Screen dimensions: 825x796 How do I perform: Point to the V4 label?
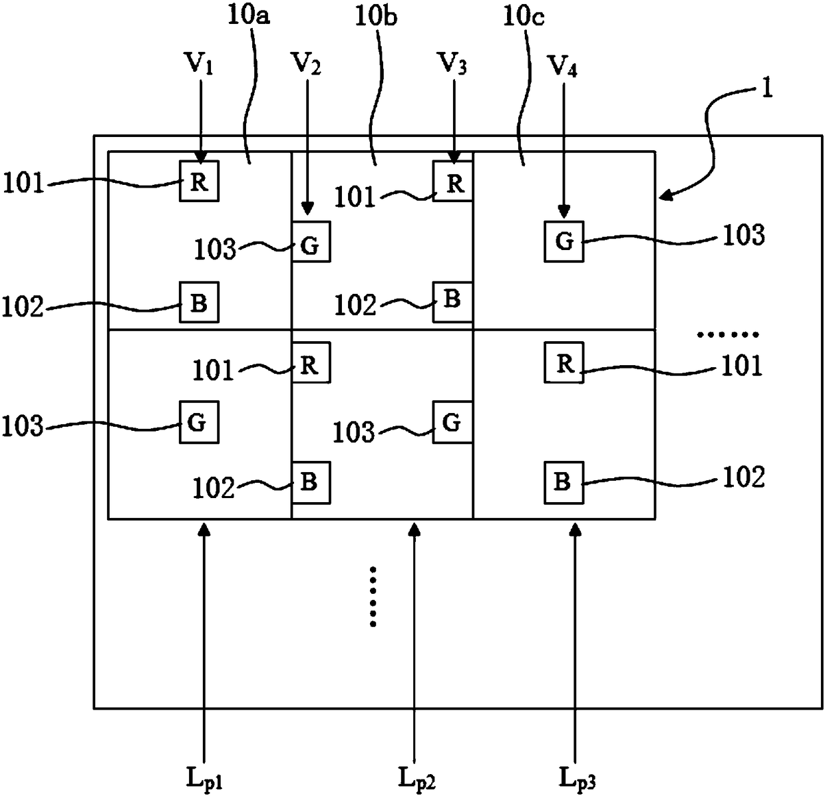pyautogui.click(x=563, y=66)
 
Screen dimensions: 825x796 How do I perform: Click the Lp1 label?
pyautogui.click(x=204, y=778)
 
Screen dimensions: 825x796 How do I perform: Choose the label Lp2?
pyautogui.click(x=416, y=778)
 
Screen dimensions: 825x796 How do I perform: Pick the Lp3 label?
pyautogui.click(x=577, y=778)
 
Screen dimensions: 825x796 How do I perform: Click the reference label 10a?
pyautogui.click(x=249, y=16)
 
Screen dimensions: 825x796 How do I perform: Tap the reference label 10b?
pyautogui.click(x=376, y=16)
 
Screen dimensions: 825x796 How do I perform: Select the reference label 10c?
pyautogui.click(x=524, y=17)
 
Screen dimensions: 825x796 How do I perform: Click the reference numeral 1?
pyautogui.click(x=767, y=89)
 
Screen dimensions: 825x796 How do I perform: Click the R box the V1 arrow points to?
pyautogui.click(x=199, y=181)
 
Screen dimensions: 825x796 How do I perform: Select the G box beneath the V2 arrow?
pyautogui.click(x=311, y=241)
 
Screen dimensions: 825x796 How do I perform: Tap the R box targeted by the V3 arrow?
pyautogui.click(x=453, y=181)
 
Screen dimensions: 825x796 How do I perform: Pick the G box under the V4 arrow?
pyautogui.click(x=564, y=241)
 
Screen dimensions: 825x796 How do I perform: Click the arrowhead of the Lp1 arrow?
pyautogui.click(x=204, y=529)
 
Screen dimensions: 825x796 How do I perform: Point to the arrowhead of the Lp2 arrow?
pyautogui.click(x=414, y=529)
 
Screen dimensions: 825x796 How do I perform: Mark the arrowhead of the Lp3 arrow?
pyautogui.click(x=576, y=529)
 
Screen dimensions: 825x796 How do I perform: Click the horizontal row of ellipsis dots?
pyautogui.click(x=728, y=334)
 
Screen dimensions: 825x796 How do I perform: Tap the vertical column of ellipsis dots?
pyautogui.click(x=373, y=596)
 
